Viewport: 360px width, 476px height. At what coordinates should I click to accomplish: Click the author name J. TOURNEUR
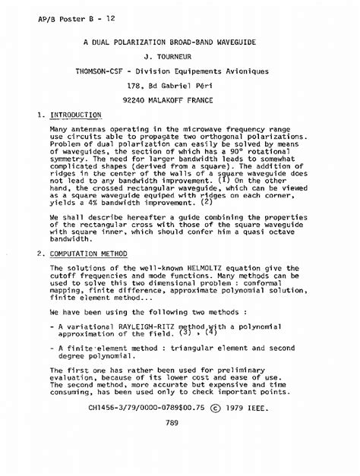coord(179,56)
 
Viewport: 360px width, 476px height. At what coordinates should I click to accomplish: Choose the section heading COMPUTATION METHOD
coord(88,253)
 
